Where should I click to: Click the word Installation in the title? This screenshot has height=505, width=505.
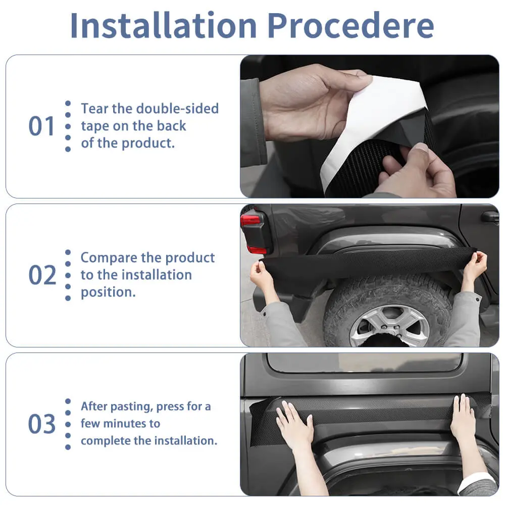(164, 25)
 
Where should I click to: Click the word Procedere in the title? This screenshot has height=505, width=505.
(350, 25)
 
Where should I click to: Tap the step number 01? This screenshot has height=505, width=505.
(41, 126)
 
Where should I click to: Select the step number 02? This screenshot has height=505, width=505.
(42, 275)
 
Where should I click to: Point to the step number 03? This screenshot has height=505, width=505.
(42, 424)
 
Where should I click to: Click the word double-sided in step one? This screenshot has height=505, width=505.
(177, 109)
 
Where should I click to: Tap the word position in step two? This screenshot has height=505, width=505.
(108, 292)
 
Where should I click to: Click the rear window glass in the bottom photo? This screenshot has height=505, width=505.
(365, 362)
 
